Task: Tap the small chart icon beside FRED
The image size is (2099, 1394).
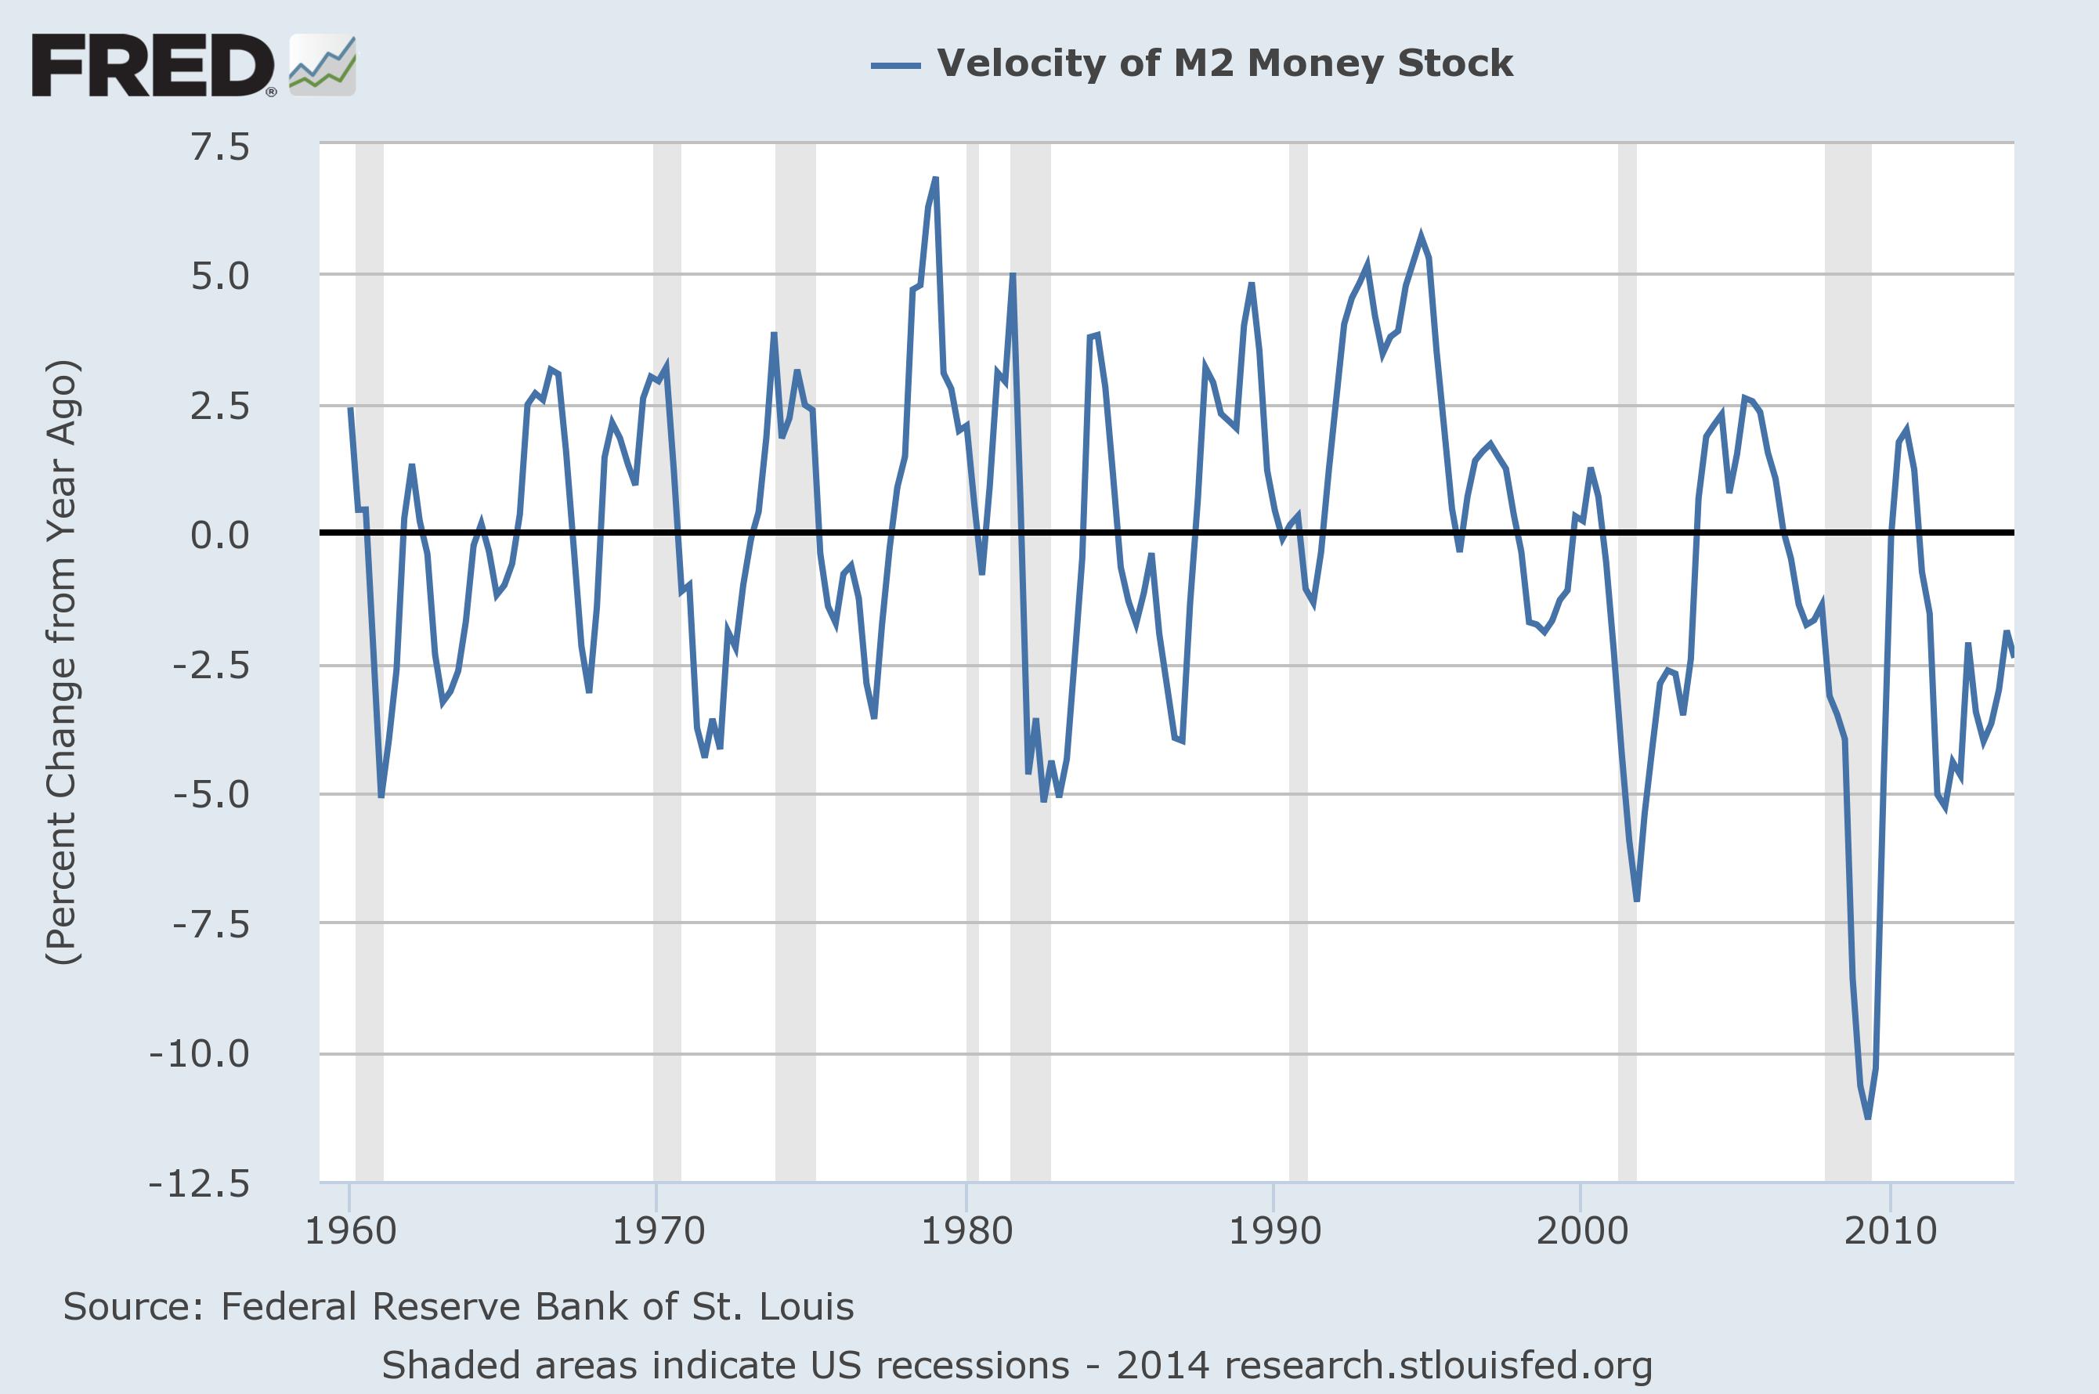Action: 322,66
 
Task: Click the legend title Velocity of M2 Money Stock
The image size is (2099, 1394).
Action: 1224,63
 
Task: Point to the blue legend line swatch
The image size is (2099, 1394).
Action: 895,64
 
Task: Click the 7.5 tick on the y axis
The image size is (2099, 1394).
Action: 221,146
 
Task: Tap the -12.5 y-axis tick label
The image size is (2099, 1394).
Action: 201,1184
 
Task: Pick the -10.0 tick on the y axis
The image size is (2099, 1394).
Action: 201,1054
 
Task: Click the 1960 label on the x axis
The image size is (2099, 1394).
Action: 350,1231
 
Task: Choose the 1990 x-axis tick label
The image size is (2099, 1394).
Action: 1274,1231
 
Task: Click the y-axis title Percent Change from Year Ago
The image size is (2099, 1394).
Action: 62,663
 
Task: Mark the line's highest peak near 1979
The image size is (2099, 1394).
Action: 935,179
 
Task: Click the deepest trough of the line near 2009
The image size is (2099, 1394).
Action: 1868,1117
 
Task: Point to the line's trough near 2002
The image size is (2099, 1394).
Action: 1637,900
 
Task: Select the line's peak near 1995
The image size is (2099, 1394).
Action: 1421,237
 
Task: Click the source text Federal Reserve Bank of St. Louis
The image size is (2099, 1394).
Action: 458,1307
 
